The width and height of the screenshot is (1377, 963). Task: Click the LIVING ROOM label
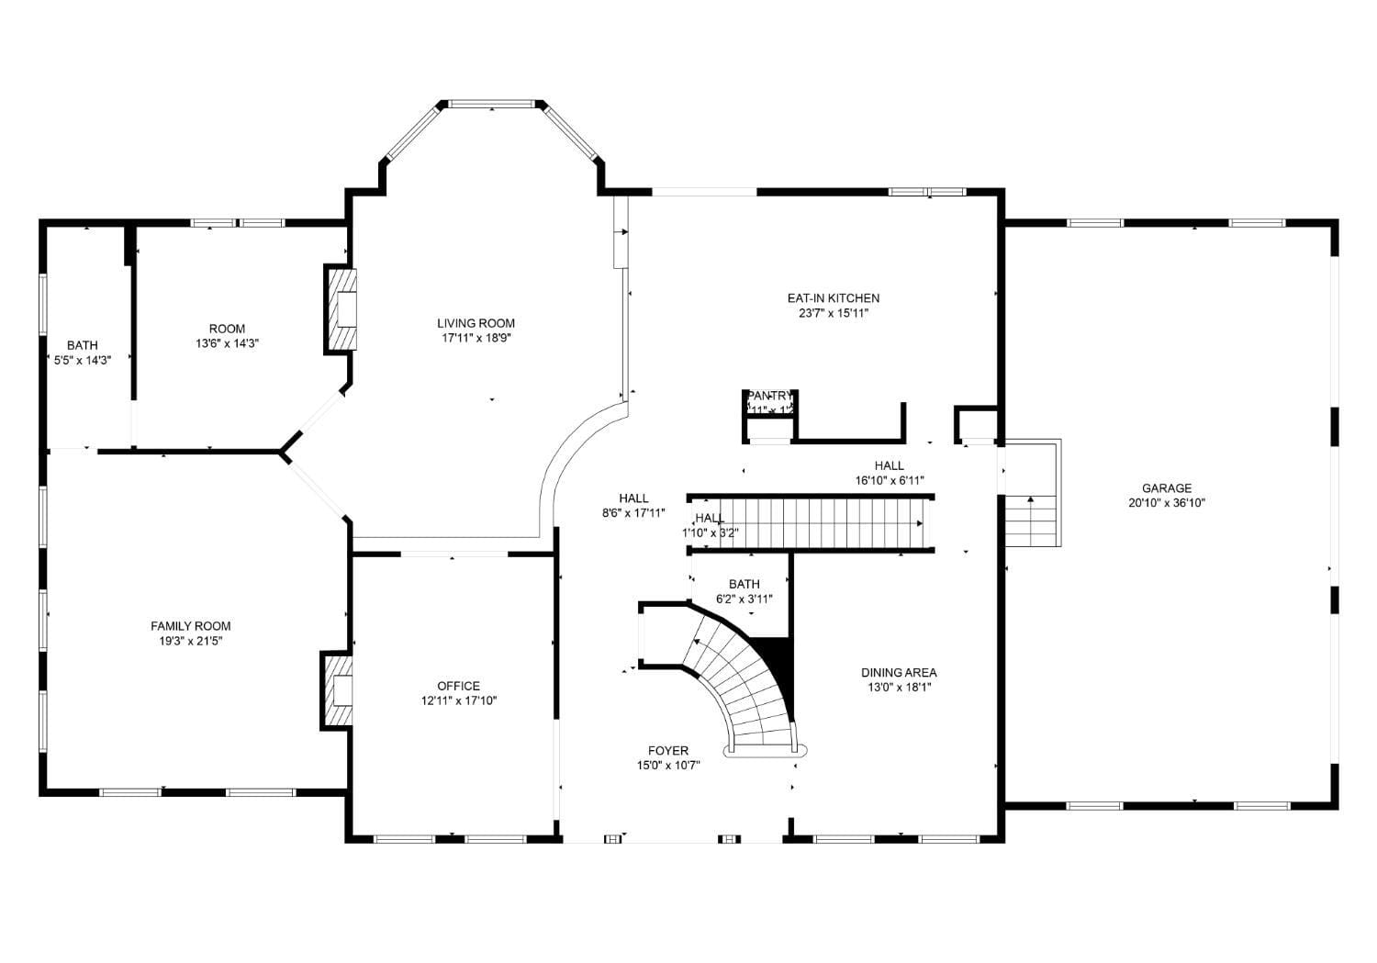tap(476, 323)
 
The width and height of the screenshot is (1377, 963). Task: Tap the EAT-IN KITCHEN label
tap(833, 298)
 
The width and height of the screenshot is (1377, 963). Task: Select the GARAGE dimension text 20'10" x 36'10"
tap(1166, 503)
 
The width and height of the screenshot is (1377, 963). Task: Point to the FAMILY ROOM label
tap(190, 626)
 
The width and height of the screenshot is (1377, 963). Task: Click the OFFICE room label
tap(458, 686)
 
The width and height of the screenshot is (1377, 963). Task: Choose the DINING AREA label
tap(898, 672)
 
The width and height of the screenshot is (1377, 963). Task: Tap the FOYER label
tap(667, 750)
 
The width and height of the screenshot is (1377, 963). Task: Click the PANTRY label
tap(769, 396)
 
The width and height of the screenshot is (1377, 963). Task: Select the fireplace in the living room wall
tap(341, 309)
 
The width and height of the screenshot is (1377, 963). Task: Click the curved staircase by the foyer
tap(739, 679)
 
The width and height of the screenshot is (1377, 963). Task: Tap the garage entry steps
tap(1031, 520)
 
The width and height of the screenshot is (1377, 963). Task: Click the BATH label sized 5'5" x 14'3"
tap(82, 345)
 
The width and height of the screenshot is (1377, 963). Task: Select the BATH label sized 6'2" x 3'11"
tap(744, 584)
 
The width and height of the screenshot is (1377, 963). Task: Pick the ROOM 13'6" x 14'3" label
tap(227, 329)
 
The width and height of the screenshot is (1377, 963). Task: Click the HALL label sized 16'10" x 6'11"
tap(889, 465)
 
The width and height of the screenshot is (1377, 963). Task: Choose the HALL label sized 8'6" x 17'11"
tap(633, 498)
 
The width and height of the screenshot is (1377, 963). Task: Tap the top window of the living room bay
tap(491, 104)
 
